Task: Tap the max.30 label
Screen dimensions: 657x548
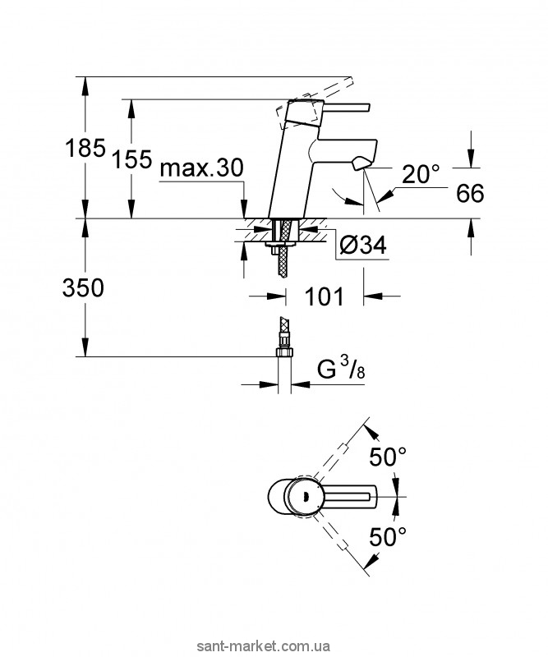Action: pos(200,169)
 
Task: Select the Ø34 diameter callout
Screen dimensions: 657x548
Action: pos(363,244)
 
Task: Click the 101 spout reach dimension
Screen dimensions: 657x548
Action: pos(325,296)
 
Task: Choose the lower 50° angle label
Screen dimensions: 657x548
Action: pos(387,538)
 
